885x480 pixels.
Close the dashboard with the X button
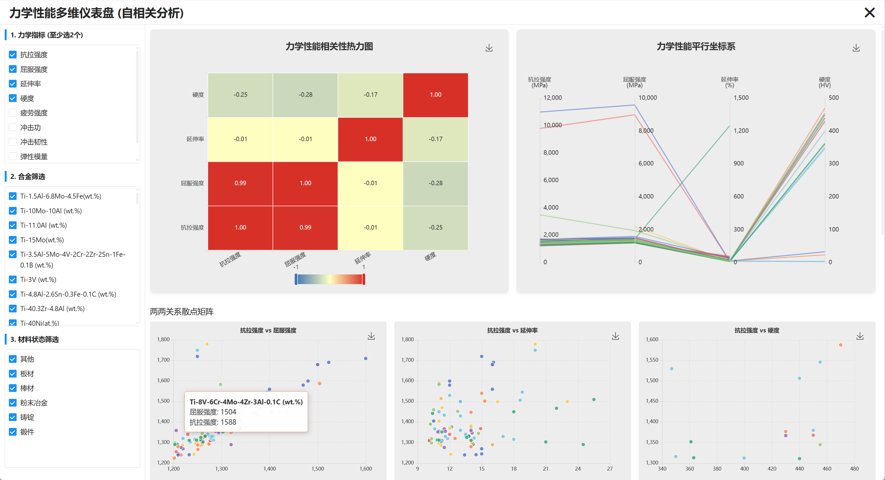[869, 13]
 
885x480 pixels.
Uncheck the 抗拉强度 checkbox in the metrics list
[13, 55]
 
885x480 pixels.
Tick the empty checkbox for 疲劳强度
[13, 113]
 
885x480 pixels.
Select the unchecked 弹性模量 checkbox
[13, 156]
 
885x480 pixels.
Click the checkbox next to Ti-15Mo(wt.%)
[13, 240]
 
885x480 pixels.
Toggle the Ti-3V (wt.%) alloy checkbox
[13, 280]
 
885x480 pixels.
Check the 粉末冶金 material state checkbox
[13, 403]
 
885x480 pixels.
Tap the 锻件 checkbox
[13, 432]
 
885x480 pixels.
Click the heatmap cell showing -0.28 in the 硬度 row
[305, 95]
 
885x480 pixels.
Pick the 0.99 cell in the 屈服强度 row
[240, 183]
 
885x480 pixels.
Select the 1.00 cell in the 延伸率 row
[370, 139]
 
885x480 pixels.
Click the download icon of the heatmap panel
[489, 48]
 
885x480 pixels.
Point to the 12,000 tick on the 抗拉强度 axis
[552, 97]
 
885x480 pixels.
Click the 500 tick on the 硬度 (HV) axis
[833, 97]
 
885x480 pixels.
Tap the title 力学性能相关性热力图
[329, 46]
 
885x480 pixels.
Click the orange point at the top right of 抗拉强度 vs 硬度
[840, 345]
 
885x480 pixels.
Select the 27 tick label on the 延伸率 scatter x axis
[609, 469]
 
